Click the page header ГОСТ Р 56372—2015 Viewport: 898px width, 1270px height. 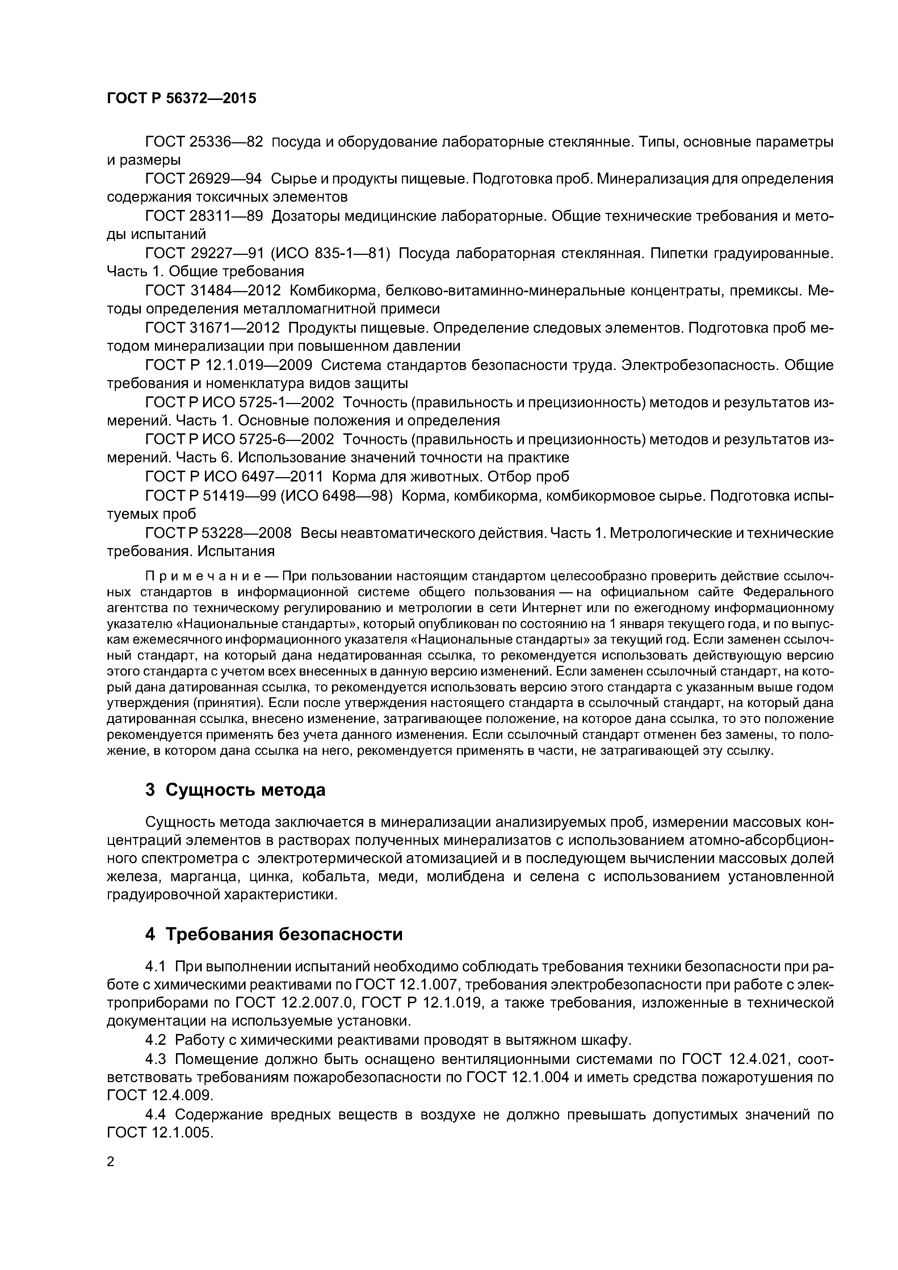tap(181, 98)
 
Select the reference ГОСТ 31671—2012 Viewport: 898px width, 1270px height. tap(213, 328)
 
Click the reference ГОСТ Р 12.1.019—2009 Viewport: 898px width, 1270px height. tap(228, 366)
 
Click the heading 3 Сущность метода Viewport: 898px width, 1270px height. tap(235, 790)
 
